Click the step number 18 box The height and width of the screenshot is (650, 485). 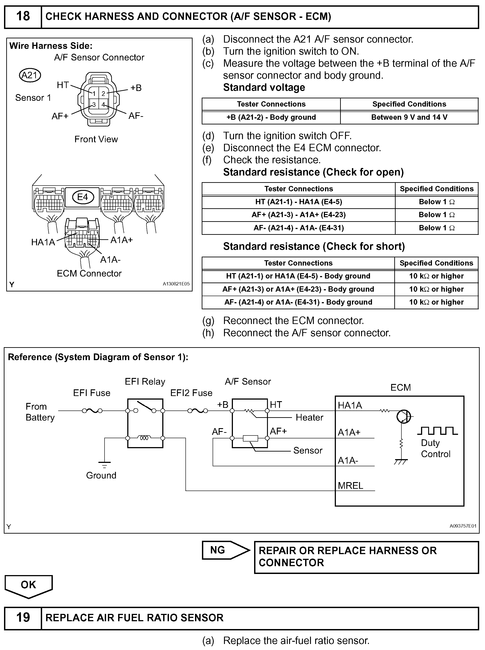tap(23, 17)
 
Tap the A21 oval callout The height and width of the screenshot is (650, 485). tap(30, 76)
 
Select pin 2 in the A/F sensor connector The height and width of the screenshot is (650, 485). tap(103, 94)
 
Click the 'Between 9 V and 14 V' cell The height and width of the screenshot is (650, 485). tap(409, 118)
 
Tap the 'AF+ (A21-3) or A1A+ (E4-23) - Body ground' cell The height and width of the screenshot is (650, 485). tap(298, 289)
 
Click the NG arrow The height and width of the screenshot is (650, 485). tap(225, 550)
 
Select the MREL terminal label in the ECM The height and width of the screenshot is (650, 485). tap(351, 485)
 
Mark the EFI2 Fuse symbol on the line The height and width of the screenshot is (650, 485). tap(197, 411)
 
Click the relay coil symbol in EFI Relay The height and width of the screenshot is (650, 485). tap(144, 438)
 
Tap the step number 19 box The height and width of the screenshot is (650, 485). tap(23, 617)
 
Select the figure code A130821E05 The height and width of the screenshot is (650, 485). tap(176, 284)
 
